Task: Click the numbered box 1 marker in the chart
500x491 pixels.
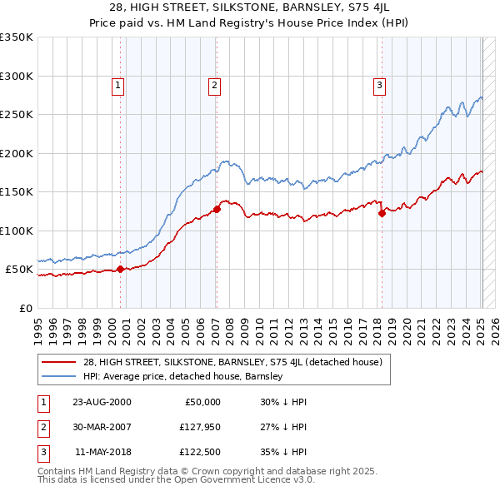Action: pos(117,84)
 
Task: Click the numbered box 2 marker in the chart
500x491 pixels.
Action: pos(214,84)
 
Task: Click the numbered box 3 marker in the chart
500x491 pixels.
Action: pos(379,84)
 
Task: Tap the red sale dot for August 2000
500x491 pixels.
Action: pos(120,269)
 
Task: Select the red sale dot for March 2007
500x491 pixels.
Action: pos(217,209)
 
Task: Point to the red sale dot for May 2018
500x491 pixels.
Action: pos(382,213)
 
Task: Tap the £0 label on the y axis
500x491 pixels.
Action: pos(25,308)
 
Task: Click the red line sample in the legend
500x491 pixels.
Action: pos(60,362)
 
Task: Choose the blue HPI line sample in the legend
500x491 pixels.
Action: pos(60,376)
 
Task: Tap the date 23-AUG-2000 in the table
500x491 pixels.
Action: pos(102,402)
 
